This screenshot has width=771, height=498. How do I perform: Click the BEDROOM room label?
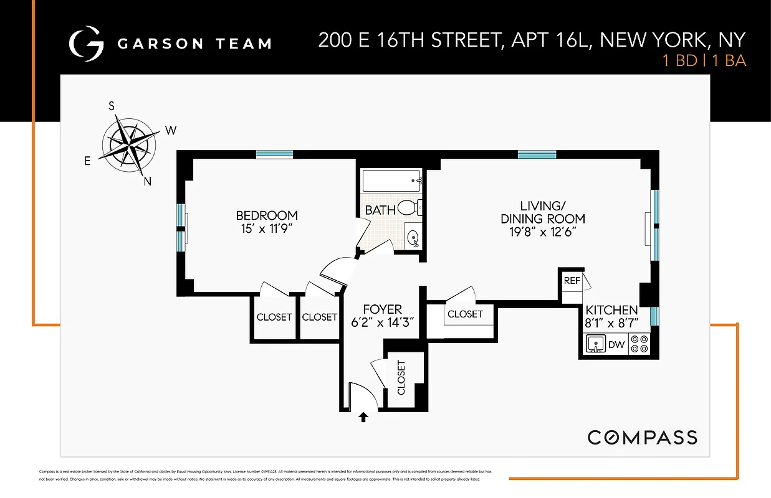click(x=266, y=215)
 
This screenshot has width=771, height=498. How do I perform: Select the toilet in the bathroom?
click(x=409, y=207)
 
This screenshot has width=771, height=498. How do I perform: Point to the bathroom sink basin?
click(x=413, y=237)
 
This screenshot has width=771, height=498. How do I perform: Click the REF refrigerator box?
click(x=572, y=281)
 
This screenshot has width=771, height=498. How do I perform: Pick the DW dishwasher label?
click(x=616, y=344)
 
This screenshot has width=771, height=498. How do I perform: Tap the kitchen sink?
click(x=595, y=344)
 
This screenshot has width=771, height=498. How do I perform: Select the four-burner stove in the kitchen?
click(x=639, y=344)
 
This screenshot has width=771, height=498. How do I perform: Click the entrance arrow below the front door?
click(x=363, y=417)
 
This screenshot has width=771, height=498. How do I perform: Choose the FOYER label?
click(x=382, y=309)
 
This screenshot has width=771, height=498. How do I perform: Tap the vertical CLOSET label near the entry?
click(x=401, y=377)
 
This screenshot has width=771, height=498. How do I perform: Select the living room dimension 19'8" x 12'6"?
click(x=543, y=232)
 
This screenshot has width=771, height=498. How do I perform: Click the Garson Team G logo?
click(x=85, y=43)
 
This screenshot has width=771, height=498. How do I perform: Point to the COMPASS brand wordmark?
click(x=643, y=437)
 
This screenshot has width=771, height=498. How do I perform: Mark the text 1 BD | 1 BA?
click(x=704, y=61)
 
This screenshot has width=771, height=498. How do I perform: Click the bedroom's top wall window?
click(x=274, y=154)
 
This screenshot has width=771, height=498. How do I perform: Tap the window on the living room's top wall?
click(x=537, y=154)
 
